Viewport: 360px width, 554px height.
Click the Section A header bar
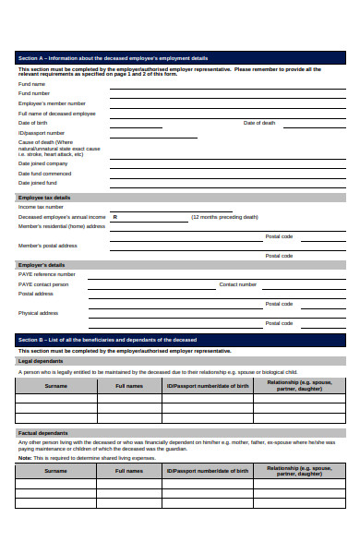(180, 57)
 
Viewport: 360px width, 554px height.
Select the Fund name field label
(31, 84)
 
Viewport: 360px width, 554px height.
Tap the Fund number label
(34, 93)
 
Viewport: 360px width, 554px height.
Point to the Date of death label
(259, 123)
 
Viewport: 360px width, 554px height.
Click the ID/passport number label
(42, 133)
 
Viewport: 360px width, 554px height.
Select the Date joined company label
(43, 163)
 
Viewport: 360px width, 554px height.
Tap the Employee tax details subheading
(43, 198)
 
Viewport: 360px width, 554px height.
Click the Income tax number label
(41, 207)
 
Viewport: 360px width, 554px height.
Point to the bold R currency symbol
(114, 217)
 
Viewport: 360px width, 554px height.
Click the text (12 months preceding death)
(224, 217)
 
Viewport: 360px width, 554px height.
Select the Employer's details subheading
(42, 265)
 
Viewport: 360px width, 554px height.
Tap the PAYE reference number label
(47, 274)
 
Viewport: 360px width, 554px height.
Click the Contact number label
(237, 284)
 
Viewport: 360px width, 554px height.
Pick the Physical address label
(38, 313)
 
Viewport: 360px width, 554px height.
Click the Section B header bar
(180, 340)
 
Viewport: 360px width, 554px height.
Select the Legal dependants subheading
(41, 361)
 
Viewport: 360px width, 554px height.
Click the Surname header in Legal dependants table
(55, 385)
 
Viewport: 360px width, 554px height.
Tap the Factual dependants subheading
(42, 432)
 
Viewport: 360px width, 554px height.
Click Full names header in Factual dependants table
(128, 470)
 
